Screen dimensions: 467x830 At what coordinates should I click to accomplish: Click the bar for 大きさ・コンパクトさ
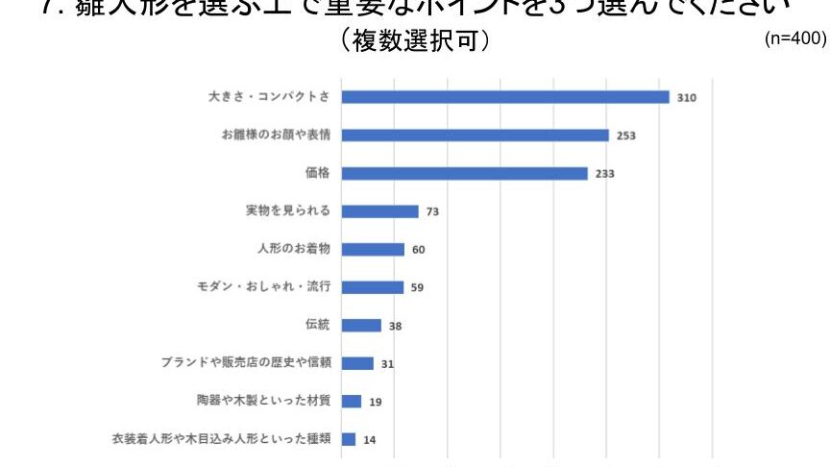(505, 97)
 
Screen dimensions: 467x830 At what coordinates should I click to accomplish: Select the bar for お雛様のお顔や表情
(476, 135)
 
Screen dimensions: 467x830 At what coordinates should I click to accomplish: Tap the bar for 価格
(465, 173)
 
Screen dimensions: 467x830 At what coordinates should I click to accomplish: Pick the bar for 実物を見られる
(380, 211)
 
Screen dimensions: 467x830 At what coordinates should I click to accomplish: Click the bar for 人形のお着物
(374, 249)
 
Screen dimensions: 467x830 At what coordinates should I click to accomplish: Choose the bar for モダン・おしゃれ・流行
(373, 287)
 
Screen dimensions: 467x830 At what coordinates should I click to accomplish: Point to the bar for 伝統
(362, 326)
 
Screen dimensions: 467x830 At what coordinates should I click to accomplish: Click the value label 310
(686, 98)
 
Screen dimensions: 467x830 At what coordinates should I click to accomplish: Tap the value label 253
(626, 135)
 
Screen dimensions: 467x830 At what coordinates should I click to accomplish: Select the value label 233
(604, 174)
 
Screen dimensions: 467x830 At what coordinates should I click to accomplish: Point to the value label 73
(432, 211)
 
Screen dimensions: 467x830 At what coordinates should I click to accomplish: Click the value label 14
(370, 440)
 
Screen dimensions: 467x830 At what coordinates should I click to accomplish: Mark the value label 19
(376, 402)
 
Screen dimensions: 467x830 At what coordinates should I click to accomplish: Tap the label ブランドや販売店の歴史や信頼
(246, 363)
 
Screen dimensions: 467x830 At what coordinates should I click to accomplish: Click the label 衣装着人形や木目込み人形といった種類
(222, 439)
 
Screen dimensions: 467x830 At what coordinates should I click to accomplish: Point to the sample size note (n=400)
(794, 39)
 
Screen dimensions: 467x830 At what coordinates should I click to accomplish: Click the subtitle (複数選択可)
(415, 42)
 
